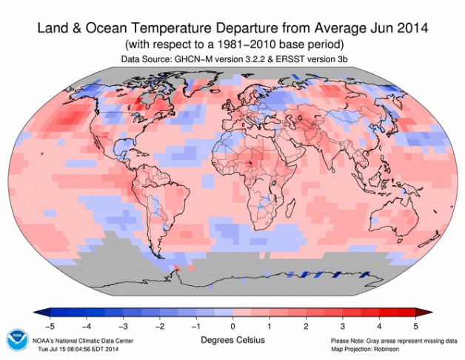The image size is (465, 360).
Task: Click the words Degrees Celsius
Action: (232, 338)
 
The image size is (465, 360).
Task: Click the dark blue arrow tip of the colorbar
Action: (39, 311)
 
